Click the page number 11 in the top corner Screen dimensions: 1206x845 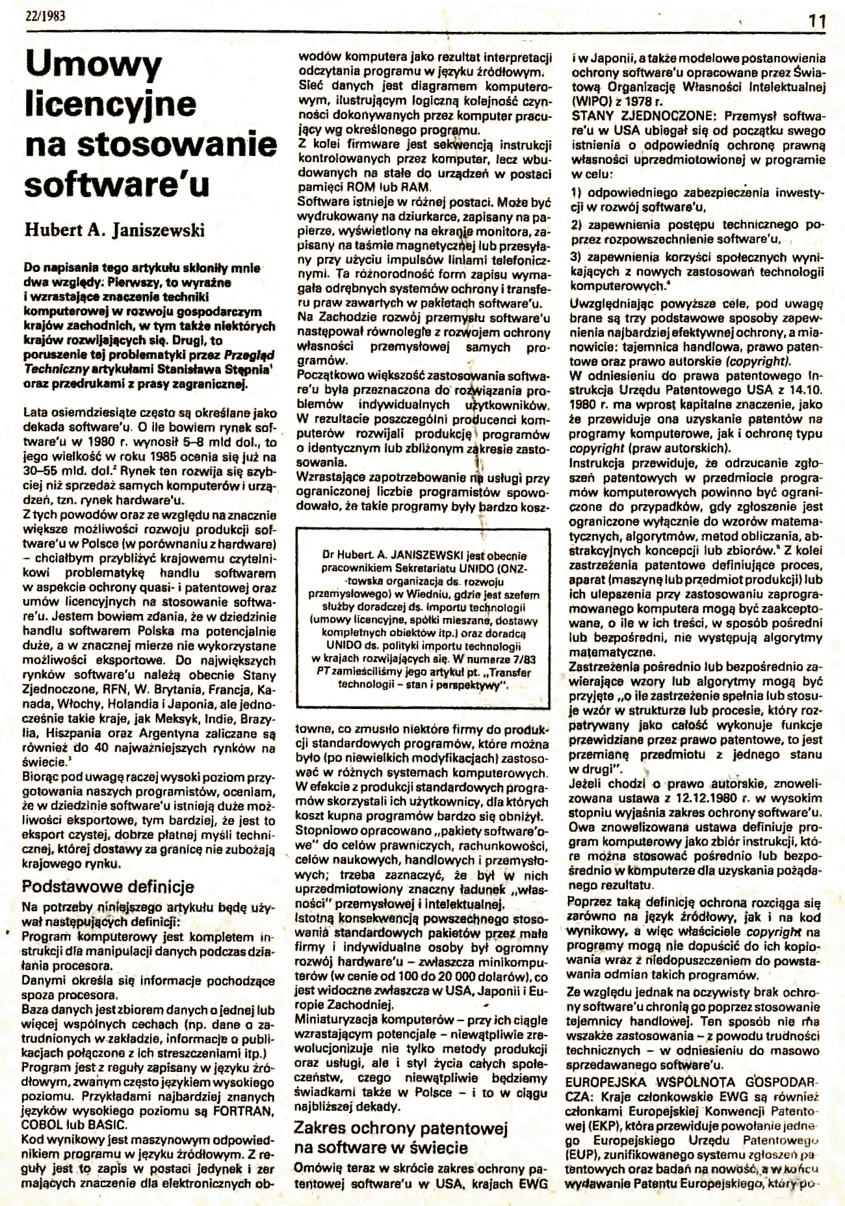(818, 20)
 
